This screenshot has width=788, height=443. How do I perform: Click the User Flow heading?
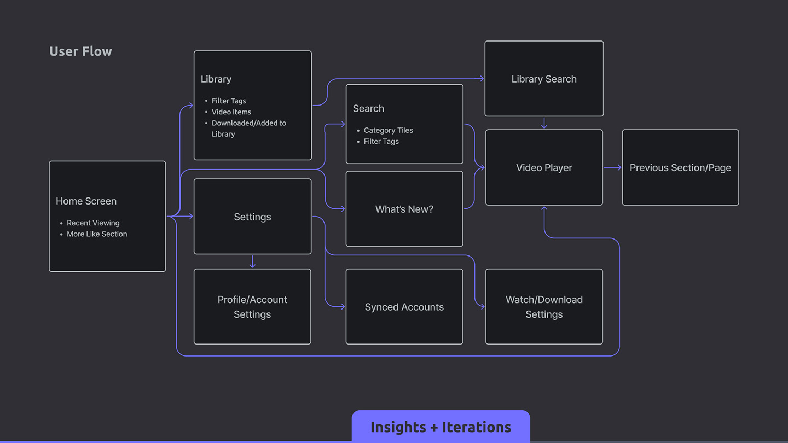pyautogui.click(x=80, y=51)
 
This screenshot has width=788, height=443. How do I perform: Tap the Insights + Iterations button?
pyautogui.click(x=441, y=427)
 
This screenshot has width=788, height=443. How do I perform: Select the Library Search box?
pyautogui.click(x=544, y=79)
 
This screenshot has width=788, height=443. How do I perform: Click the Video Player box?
pyautogui.click(x=544, y=167)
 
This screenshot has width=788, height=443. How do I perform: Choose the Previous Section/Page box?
pyautogui.click(x=680, y=167)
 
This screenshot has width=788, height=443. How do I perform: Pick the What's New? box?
pyautogui.click(x=404, y=209)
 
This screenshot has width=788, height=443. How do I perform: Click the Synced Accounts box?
pyautogui.click(x=404, y=307)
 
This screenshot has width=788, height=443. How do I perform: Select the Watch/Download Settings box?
pyautogui.click(x=544, y=307)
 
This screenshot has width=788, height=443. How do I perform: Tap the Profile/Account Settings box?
pyautogui.click(x=252, y=307)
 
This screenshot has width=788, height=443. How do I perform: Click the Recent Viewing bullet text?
pyautogui.click(x=93, y=223)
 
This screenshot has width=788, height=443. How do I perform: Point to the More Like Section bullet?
pyautogui.click(x=97, y=234)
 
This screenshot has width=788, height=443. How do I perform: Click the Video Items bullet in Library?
pyautogui.click(x=231, y=112)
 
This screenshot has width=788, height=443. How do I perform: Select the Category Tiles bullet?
pyautogui.click(x=389, y=130)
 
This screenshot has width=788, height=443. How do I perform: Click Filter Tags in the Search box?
pyautogui.click(x=381, y=141)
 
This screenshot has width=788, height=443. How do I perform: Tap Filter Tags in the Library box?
pyautogui.click(x=229, y=101)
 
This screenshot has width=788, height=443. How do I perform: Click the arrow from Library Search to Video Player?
pyautogui.click(x=544, y=123)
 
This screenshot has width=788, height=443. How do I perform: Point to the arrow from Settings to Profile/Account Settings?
pyautogui.click(x=252, y=261)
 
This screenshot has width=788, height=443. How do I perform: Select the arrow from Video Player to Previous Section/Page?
pyautogui.click(x=612, y=167)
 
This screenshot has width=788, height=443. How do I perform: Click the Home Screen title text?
pyautogui.click(x=86, y=201)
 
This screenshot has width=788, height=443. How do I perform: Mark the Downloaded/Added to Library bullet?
pyautogui.click(x=248, y=129)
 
